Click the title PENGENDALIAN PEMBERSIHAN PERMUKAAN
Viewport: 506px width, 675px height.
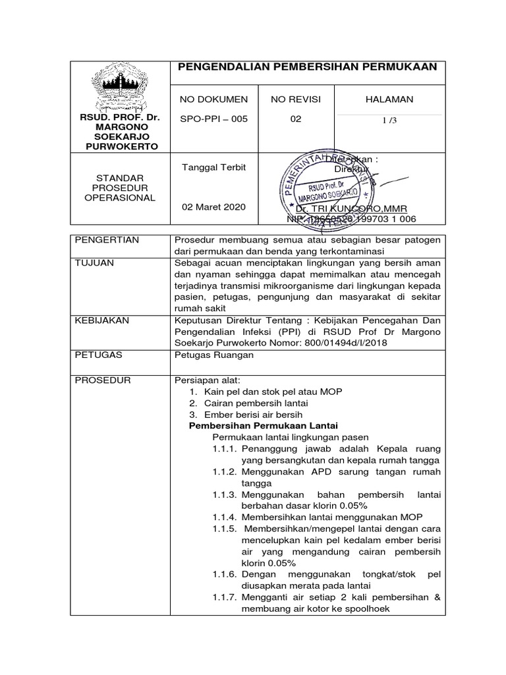coord(308,67)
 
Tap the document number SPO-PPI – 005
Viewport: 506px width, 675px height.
coord(214,119)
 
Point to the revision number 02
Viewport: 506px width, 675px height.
coord(296,119)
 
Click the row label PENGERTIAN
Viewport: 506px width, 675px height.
coord(107,240)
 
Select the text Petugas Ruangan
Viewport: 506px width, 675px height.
coord(213,355)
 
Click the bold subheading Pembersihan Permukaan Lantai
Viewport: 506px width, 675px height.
coord(264,426)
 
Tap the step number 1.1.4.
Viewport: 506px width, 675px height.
coord(225,517)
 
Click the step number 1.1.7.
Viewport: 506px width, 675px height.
coord(225,597)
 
